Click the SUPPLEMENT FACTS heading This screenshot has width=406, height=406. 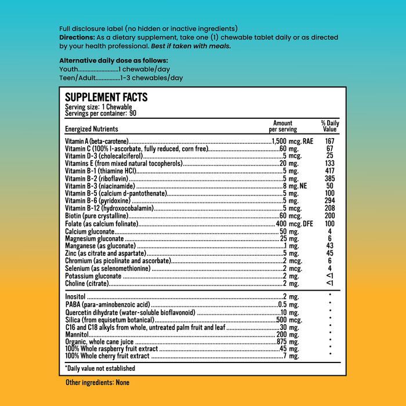pos(106,97)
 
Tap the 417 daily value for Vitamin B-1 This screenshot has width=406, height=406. pos(329,171)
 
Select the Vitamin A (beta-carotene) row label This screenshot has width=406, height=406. pos(96,142)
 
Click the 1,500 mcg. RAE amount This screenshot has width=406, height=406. pos(293,142)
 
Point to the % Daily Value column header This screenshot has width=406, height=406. pos(329,126)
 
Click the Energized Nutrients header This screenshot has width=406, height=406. pos(92,129)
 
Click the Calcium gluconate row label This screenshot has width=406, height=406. pos(89,231)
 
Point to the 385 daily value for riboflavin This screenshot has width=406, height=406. pos(329,179)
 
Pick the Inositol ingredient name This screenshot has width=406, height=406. pos(76,297)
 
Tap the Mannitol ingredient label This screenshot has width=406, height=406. pos(77,335)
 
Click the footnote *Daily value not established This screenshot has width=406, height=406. pos(100,368)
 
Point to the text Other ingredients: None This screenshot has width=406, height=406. pos(97,383)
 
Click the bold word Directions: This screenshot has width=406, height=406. pos(77,37)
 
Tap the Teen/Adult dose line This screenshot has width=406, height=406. pos(121,78)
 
